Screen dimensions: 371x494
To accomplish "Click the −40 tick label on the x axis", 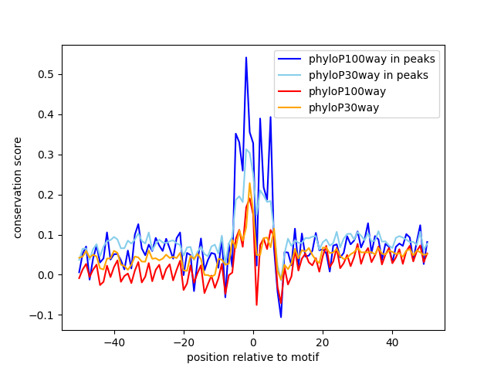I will [114, 342].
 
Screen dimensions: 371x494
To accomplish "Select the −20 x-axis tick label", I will [184, 342].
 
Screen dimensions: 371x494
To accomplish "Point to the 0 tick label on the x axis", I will [253, 342].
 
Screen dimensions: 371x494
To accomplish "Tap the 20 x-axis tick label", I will [323, 342].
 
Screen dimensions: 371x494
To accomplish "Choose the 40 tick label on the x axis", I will [392, 342].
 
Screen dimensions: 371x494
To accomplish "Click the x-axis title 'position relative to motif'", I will [253, 357].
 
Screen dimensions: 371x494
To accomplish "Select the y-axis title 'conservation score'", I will [17, 188].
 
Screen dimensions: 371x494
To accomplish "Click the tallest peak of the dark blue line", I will [246, 57].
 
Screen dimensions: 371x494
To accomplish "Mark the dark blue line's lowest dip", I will [281, 317].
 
